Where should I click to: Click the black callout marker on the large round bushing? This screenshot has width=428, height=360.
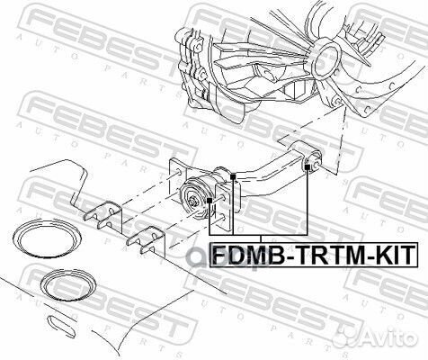coord(210,198)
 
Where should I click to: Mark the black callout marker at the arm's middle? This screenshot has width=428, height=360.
coord(233,175)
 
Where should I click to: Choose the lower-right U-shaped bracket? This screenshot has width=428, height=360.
coord(144,241)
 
